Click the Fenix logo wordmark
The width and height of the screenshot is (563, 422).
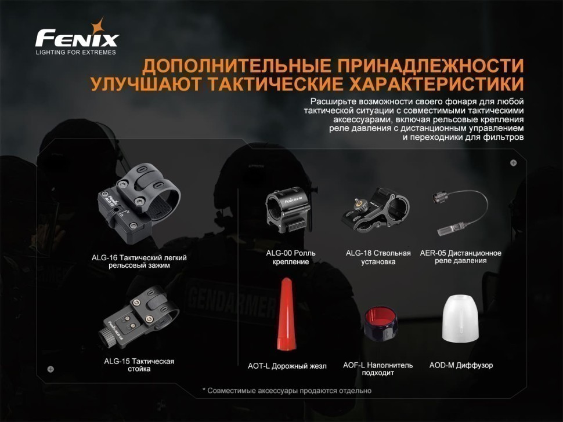(x=77, y=38)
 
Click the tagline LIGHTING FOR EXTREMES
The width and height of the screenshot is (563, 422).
(x=76, y=52)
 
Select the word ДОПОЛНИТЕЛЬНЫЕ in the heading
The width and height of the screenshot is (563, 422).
(x=237, y=66)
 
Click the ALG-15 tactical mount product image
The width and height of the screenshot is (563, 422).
(x=139, y=317)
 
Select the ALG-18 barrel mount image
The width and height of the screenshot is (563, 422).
(x=376, y=210)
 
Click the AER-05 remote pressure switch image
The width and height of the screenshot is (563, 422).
(x=460, y=212)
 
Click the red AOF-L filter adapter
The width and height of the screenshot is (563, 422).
(x=381, y=323)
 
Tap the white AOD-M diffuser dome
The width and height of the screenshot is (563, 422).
(x=461, y=318)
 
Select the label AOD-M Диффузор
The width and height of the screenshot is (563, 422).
(x=461, y=365)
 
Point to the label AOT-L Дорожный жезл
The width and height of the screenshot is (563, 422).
(x=287, y=366)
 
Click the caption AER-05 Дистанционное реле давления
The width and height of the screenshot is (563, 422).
(x=461, y=257)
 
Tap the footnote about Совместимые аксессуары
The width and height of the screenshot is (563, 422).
(x=287, y=391)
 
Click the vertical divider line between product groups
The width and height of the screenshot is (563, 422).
(x=238, y=277)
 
